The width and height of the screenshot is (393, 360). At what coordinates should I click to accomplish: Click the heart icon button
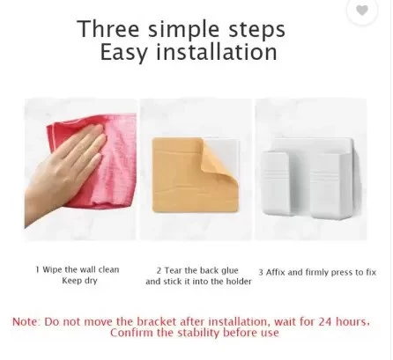point(362,11)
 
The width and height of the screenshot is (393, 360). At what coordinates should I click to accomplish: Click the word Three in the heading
point(108,29)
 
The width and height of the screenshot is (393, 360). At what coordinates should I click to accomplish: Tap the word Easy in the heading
point(123,53)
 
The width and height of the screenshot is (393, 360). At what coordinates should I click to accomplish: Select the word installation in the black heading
point(217,52)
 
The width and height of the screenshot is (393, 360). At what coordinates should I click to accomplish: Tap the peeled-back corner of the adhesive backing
point(219,170)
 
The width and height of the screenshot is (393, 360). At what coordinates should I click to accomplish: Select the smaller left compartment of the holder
point(276,183)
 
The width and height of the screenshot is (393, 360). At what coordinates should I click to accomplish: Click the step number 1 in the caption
point(37,269)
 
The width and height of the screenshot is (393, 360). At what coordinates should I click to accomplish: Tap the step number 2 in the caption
point(159,270)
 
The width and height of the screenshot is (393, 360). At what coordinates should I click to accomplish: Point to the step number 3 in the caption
point(261,273)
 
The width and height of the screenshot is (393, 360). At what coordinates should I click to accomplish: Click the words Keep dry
point(79,281)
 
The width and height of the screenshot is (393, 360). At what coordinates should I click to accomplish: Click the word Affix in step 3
point(275,272)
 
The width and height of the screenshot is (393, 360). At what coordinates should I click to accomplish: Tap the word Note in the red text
point(25,322)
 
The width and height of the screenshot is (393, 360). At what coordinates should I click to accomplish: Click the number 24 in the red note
point(325,322)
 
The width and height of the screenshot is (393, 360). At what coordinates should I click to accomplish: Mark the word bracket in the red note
point(157,322)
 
